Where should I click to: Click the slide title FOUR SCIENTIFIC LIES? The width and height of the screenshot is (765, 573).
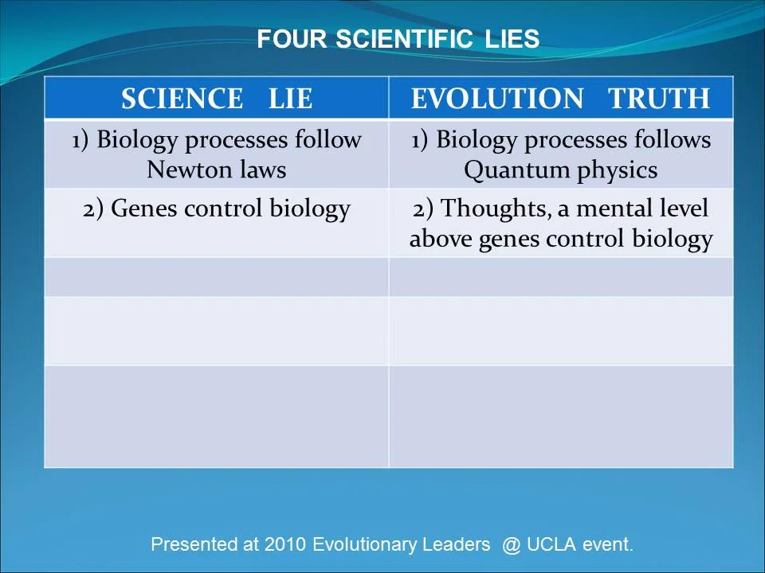pyautogui.click(x=398, y=39)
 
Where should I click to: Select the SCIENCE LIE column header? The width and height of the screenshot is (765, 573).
pyautogui.click(x=216, y=99)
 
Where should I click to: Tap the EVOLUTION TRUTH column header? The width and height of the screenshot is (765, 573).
pyautogui.click(x=560, y=99)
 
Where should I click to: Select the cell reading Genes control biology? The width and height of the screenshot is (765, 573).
pyautogui.click(x=216, y=209)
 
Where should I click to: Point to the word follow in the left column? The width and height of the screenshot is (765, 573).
pyautogui.click(x=328, y=140)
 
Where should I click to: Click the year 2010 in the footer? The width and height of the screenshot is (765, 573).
pyautogui.click(x=285, y=545)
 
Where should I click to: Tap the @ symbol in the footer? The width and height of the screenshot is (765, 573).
pyautogui.click(x=511, y=545)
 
